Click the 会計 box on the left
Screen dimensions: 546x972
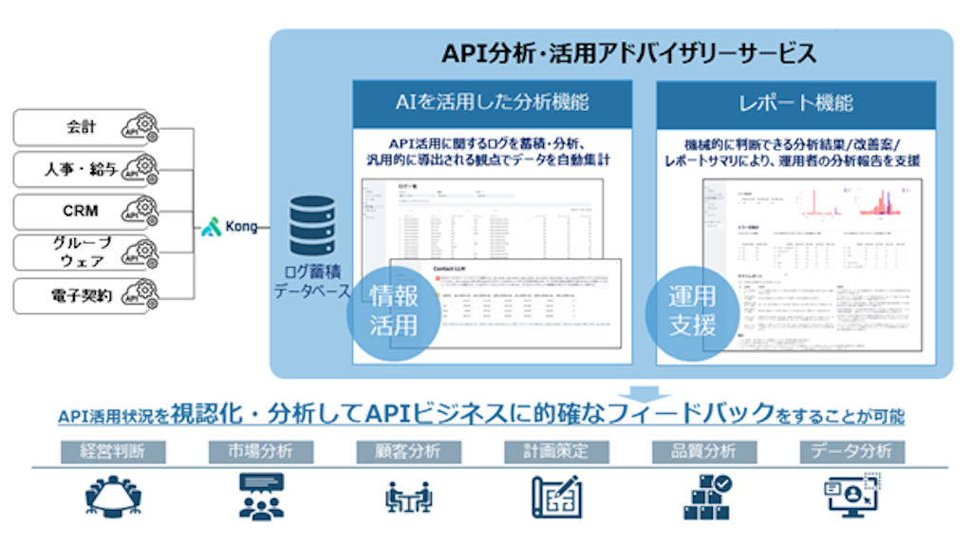click(x=85, y=127)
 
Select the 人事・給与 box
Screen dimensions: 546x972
click(x=85, y=169)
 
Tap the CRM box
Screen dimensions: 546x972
click(x=85, y=211)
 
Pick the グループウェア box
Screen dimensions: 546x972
click(x=85, y=253)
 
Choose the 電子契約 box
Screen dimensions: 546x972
click(x=85, y=295)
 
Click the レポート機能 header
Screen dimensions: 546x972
click(x=795, y=103)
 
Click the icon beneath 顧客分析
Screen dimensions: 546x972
click(x=409, y=497)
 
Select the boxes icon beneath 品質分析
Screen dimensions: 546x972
click(x=707, y=497)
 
